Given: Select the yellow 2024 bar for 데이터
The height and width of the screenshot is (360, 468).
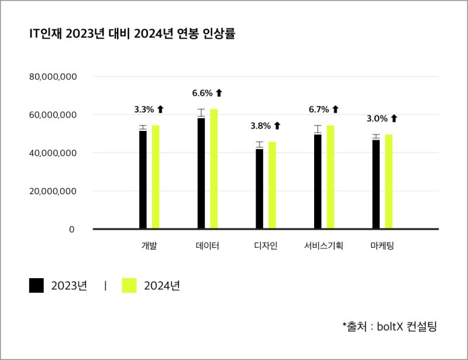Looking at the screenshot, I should point(214,169).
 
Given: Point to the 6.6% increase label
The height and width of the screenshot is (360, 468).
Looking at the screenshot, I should point(202,93).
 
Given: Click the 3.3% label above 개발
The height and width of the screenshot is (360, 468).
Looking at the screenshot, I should point(144,109).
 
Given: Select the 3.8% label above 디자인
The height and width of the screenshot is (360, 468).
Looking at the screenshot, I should point(260,126).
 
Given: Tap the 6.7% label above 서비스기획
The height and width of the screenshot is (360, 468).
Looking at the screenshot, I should point(319,109).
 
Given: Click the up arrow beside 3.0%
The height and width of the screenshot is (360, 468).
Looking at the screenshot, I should point(394,119).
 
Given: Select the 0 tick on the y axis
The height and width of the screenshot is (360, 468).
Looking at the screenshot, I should point(71,229).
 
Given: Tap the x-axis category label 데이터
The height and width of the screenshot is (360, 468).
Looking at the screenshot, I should point(208,245).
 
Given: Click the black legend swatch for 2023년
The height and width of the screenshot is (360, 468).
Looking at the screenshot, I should point(36,286).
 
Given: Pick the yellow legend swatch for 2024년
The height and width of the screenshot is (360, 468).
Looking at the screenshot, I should point(129,286).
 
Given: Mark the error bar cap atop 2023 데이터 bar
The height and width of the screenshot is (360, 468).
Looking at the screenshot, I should point(201,109).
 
